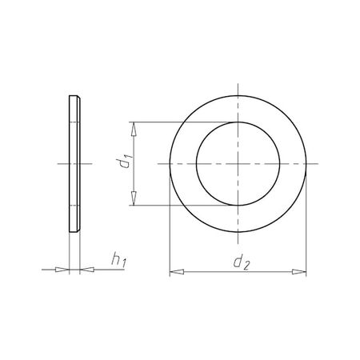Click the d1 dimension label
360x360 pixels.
(122, 164)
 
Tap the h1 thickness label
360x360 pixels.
(117, 260)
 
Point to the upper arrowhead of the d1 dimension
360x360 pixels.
(133, 127)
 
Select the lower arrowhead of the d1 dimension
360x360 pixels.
(133, 201)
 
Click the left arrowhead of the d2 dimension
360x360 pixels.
(175, 273)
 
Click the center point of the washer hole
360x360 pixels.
(238, 163)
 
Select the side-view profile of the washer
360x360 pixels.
(74, 164)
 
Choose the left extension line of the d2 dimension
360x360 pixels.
(170, 232)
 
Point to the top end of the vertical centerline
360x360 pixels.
(238, 86)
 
